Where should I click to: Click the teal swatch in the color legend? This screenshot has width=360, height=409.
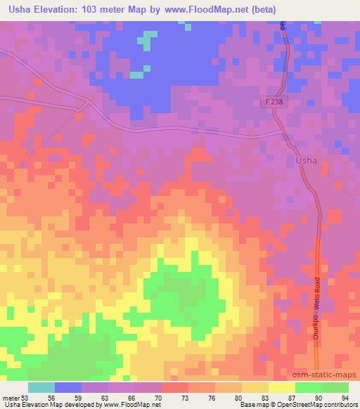41,387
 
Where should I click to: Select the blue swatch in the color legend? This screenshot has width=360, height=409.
68,387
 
